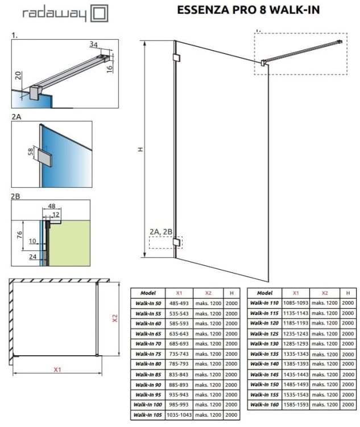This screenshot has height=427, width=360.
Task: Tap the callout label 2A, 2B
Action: [x=161, y=232]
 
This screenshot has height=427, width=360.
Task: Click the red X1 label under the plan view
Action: [x=57, y=369]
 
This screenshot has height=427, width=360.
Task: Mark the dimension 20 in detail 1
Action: [x=18, y=76]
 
